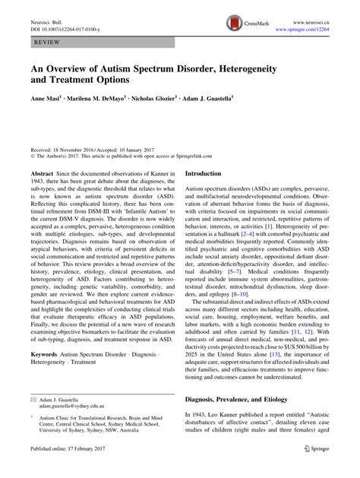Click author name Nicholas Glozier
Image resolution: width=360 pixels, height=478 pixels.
pos(174,98)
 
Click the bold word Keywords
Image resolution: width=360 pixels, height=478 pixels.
pos(46,375)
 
